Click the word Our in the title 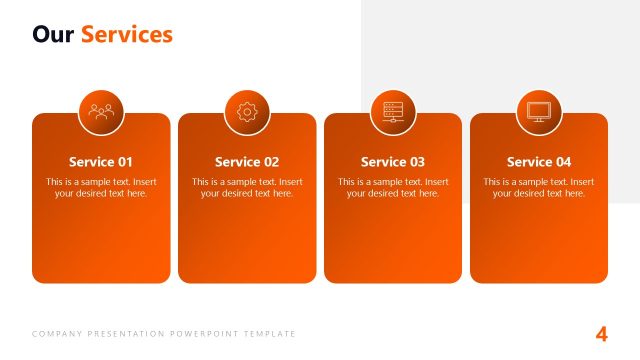(x=53, y=35)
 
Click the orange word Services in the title (x=127, y=35)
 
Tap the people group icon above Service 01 (x=101, y=112)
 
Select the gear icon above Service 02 (x=247, y=112)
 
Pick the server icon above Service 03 (x=393, y=112)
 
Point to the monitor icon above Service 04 (x=539, y=112)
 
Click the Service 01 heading (x=101, y=162)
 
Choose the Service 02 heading (x=247, y=162)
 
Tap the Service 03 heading (x=393, y=162)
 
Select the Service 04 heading (x=539, y=162)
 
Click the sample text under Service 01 (x=101, y=188)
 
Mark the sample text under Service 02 (x=247, y=188)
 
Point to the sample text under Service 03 (x=393, y=188)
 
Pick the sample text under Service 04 (x=539, y=188)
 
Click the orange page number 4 (x=601, y=334)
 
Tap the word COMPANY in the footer (x=56, y=334)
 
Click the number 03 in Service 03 (x=416, y=162)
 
